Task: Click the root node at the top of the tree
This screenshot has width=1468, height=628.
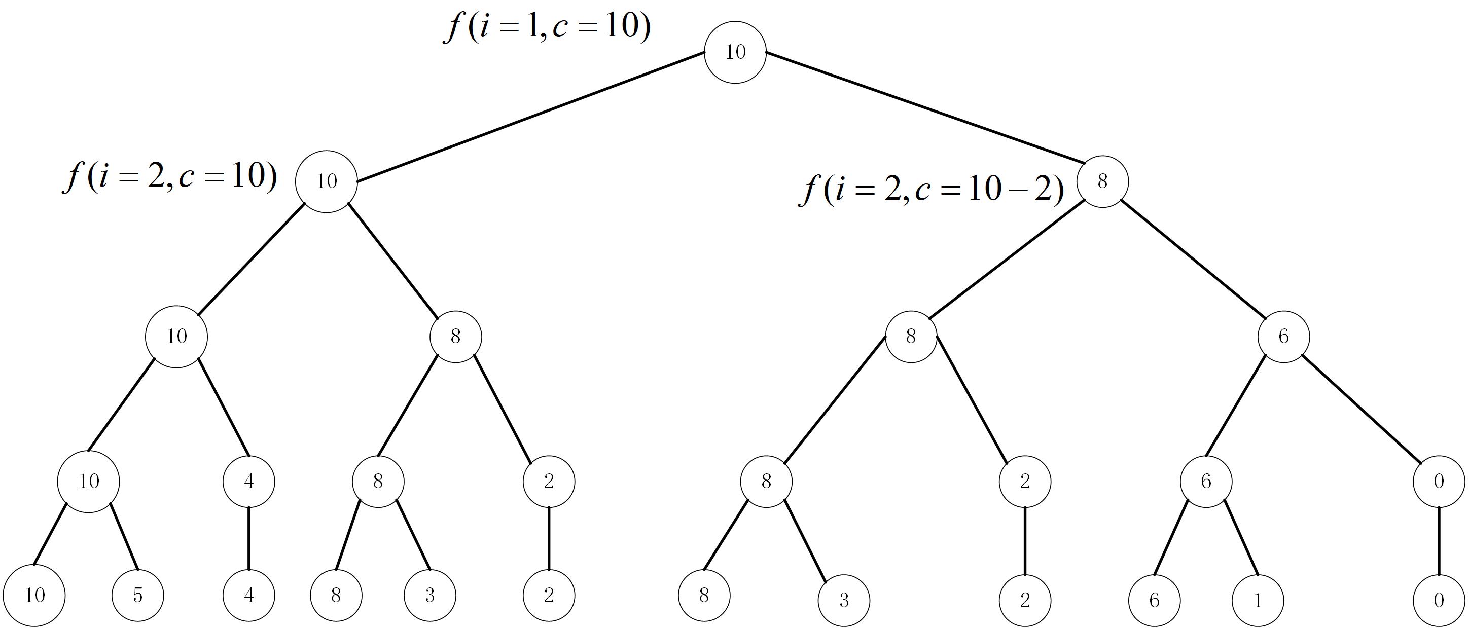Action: tap(735, 52)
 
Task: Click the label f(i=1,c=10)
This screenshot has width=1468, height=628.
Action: tap(547, 27)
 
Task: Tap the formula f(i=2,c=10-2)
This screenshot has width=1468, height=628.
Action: tap(930, 190)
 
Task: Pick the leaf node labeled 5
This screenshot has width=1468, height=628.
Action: tap(138, 596)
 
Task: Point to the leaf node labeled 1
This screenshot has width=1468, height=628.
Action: tap(1258, 600)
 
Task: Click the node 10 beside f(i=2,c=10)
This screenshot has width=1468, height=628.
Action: tap(327, 181)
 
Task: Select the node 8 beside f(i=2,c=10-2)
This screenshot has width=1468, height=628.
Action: tap(1102, 181)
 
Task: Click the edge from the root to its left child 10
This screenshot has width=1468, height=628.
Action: tap(530, 118)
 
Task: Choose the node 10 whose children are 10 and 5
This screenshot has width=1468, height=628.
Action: tap(88, 482)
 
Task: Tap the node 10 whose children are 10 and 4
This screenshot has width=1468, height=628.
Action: tap(176, 336)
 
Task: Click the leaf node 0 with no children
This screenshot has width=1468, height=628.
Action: tap(1439, 600)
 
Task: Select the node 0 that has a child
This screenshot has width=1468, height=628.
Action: tap(1439, 482)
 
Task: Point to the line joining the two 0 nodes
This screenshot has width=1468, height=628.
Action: tap(1439, 541)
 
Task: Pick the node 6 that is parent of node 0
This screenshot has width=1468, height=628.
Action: tap(1283, 336)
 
